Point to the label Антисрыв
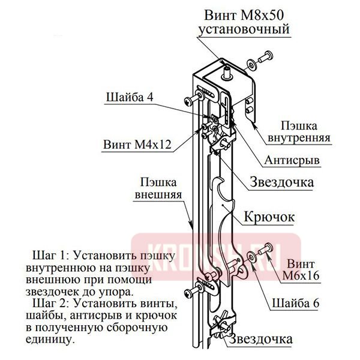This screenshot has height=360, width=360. pos(290,161)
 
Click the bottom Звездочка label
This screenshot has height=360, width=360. pos(264,340)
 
